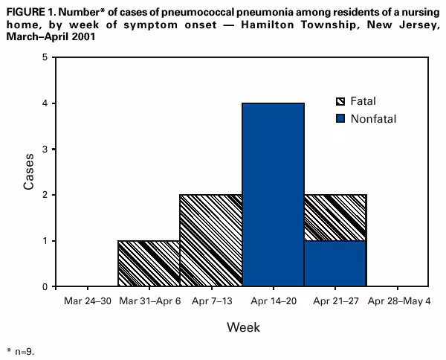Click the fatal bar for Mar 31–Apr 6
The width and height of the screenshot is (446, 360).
pyautogui.click(x=149, y=263)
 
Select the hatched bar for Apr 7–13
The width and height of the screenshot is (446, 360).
pyautogui.click(x=211, y=240)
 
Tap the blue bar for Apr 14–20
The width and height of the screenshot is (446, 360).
pyautogui.click(x=274, y=195)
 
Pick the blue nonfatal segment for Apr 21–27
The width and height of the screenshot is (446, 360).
pyautogui.click(x=335, y=263)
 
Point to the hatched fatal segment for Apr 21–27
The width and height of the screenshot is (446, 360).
pyautogui.click(x=335, y=217)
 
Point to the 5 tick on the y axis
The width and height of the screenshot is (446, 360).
pyautogui.click(x=46, y=57)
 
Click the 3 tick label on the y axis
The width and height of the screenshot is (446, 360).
pyautogui.click(x=46, y=149)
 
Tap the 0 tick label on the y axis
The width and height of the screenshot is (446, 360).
pyautogui.click(x=46, y=286)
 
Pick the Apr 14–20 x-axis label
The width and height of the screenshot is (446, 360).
pyautogui.click(x=274, y=301)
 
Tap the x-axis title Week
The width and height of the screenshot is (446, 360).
pyautogui.click(x=243, y=327)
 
